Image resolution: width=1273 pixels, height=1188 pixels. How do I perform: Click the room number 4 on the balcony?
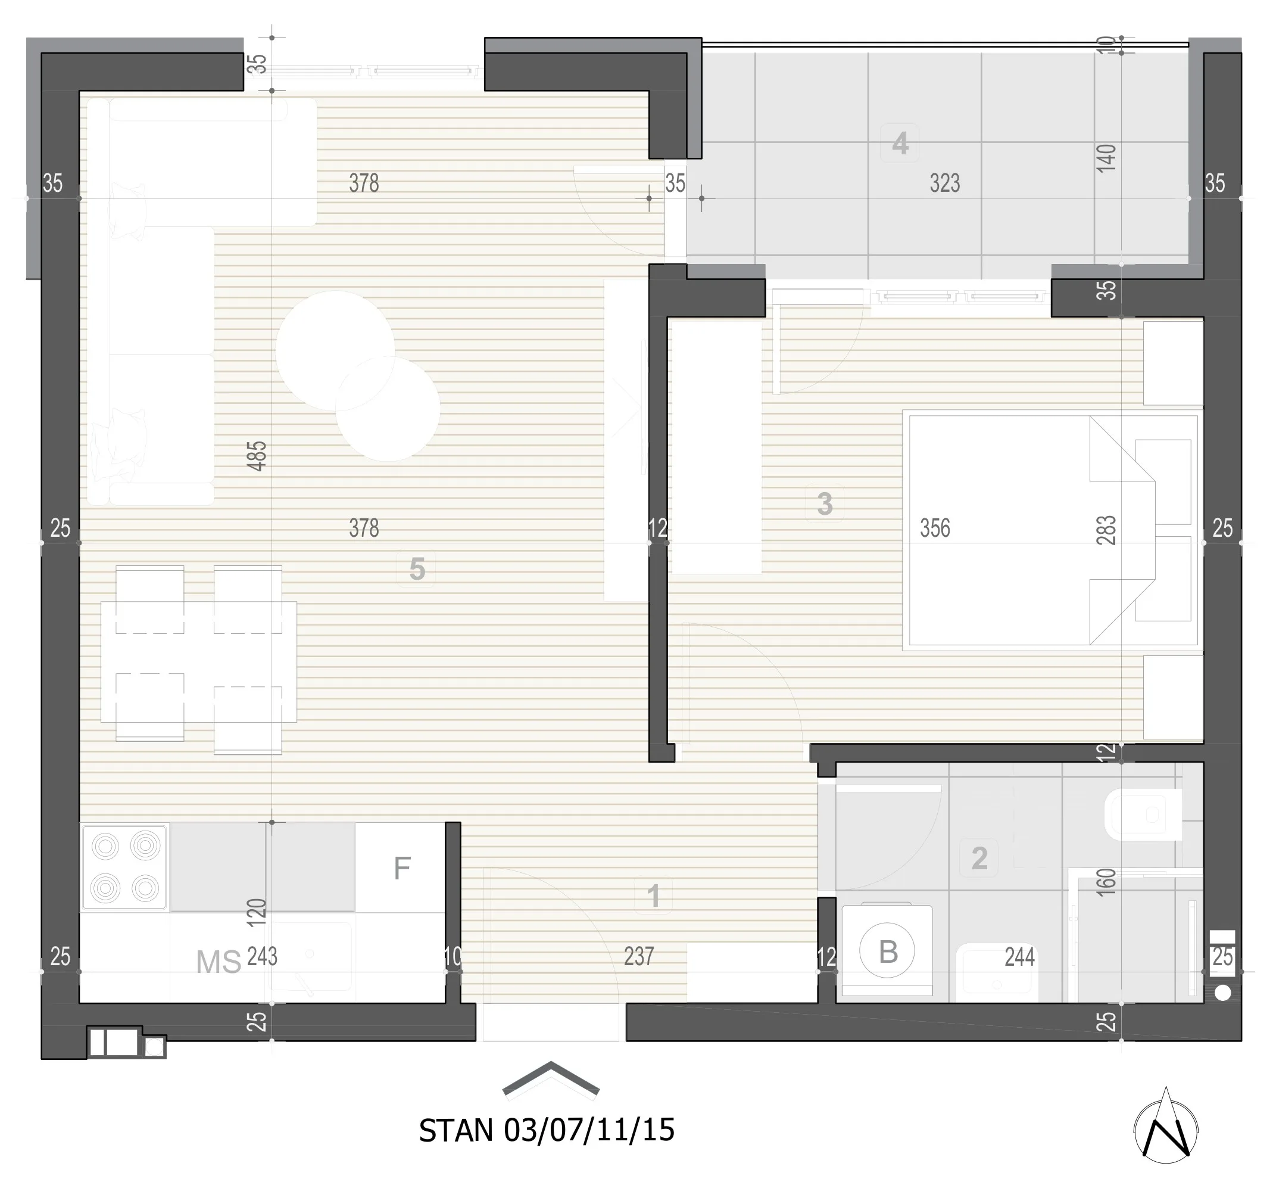[x=900, y=143]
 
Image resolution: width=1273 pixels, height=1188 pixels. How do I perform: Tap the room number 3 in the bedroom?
[x=825, y=503]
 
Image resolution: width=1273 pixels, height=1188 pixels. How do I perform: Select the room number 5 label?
[x=417, y=569]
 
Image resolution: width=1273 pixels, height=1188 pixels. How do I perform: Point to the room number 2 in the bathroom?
[x=979, y=858]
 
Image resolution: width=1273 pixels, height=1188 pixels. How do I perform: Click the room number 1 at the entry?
[x=653, y=896]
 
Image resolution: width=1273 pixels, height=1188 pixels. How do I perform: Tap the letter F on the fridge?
[x=401, y=868]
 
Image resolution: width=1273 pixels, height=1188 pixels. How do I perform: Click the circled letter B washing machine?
[x=888, y=951]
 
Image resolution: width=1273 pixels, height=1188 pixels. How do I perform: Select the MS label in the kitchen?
[x=219, y=962]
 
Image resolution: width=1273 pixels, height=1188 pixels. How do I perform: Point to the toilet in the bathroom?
[x=1144, y=814]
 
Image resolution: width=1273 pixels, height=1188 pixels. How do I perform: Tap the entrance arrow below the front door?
[x=551, y=1078]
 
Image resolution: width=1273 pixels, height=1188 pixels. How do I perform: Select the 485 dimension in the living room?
[x=257, y=456]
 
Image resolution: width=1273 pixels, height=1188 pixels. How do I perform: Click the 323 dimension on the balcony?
[x=944, y=184]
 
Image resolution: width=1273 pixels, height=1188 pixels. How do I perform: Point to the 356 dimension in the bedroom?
[x=935, y=528]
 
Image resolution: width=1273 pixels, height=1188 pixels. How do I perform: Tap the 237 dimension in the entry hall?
[x=639, y=956]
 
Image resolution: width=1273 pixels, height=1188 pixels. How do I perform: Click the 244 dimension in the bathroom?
[x=1019, y=957]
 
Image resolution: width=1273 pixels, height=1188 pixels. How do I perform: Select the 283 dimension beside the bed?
[x=1106, y=530]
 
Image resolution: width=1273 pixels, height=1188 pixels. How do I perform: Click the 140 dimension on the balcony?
[x=1106, y=158]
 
